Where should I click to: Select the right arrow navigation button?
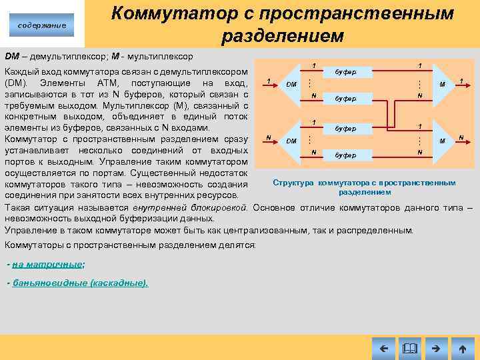pyautogui.click(x=437, y=348)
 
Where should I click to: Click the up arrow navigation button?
pyautogui.click(x=462, y=348)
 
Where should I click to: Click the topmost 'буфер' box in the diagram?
pyautogui.click(x=345, y=71)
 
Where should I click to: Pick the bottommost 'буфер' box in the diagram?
pyautogui.click(x=345, y=155)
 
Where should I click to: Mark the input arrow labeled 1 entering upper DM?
pyautogui.click(x=267, y=85)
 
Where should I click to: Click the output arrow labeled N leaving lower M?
pyautogui.click(x=461, y=141)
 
